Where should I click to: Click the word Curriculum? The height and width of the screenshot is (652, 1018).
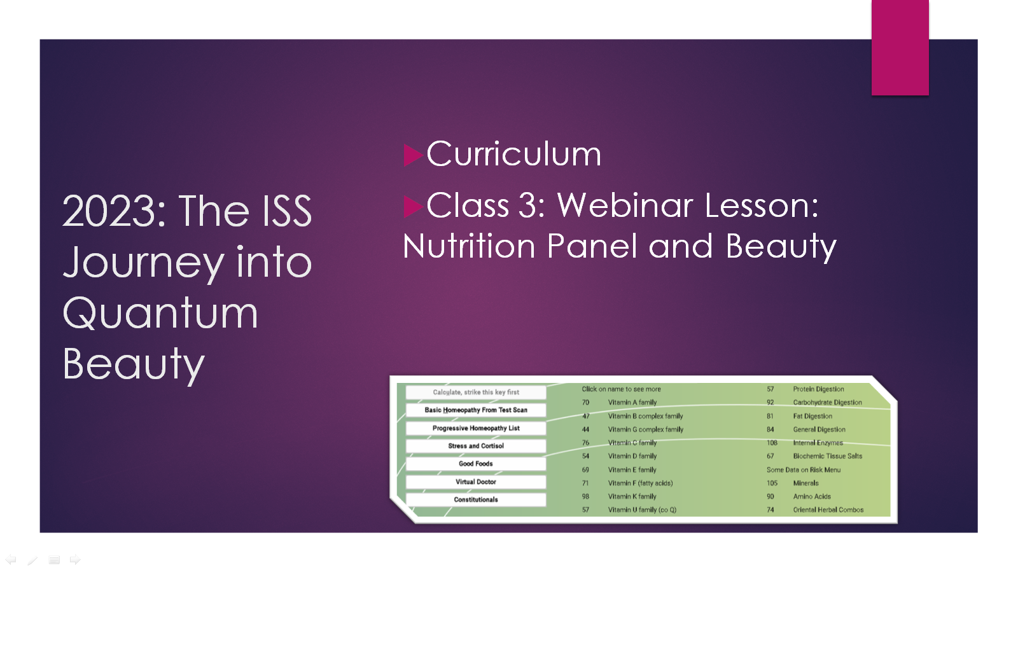click(513, 154)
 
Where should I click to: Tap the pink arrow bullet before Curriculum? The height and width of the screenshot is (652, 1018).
click(413, 155)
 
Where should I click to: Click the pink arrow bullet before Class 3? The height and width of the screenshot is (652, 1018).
click(413, 207)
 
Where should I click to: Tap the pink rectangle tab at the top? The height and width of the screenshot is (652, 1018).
click(900, 47)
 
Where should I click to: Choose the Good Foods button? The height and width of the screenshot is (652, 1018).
click(476, 464)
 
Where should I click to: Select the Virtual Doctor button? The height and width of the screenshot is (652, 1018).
click(476, 482)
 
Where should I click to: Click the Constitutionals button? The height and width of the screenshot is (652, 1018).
click(476, 500)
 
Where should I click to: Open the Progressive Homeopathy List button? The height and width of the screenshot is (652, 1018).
click(476, 429)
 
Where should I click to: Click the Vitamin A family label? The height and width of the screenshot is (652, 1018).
click(632, 403)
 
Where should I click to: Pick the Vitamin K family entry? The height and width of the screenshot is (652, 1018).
click(632, 497)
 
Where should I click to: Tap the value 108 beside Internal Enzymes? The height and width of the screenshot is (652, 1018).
click(772, 443)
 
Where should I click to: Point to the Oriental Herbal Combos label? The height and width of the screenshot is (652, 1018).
click(828, 510)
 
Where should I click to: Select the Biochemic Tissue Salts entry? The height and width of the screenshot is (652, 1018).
click(828, 456)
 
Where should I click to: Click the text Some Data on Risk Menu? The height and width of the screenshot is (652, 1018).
click(804, 470)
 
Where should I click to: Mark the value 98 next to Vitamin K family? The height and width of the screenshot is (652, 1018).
click(585, 497)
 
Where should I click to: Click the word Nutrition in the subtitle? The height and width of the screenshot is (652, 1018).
click(469, 246)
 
